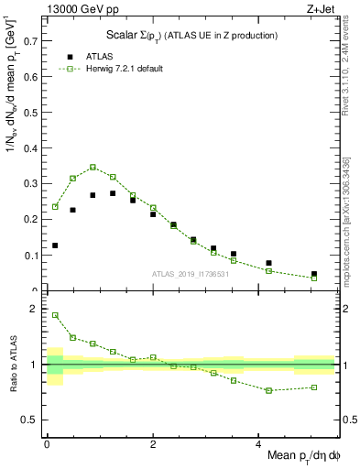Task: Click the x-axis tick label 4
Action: point(259,442)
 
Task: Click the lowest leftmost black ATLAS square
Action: point(56,245)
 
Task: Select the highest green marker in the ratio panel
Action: point(56,315)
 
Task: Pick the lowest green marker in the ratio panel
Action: point(269,390)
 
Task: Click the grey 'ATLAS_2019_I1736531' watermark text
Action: point(190,274)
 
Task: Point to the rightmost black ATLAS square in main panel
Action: point(314,273)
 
